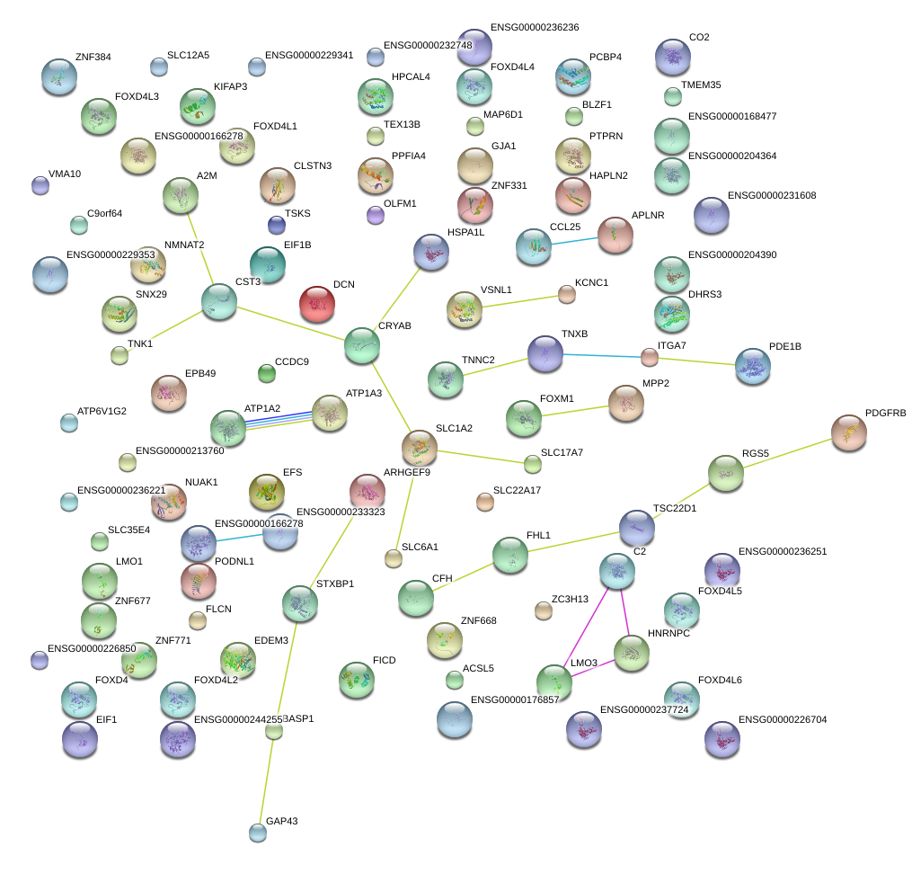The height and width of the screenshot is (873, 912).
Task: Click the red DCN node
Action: click(x=316, y=304)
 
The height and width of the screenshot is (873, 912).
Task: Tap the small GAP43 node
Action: click(x=258, y=833)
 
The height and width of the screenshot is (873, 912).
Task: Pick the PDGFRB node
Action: click(x=848, y=432)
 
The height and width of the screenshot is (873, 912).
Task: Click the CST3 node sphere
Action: click(x=218, y=301)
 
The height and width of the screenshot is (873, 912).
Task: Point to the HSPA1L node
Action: click(x=431, y=252)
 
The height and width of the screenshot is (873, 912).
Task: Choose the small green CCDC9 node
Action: click(x=266, y=372)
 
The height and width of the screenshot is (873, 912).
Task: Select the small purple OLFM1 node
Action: click(x=376, y=215)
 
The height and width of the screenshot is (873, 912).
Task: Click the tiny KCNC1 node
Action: click(x=566, y=294)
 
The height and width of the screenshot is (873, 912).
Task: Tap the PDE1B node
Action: click(x=752, y=365)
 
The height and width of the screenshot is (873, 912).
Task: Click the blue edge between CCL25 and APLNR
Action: click(x=574, y=240)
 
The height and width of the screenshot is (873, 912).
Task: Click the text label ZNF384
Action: click(x=93, y=57)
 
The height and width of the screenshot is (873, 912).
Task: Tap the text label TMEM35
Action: click(x=701, y=85)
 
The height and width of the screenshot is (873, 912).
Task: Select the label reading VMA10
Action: click(x=65, y=174)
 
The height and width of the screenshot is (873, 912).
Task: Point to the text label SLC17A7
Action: click(x=562, y=452)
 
